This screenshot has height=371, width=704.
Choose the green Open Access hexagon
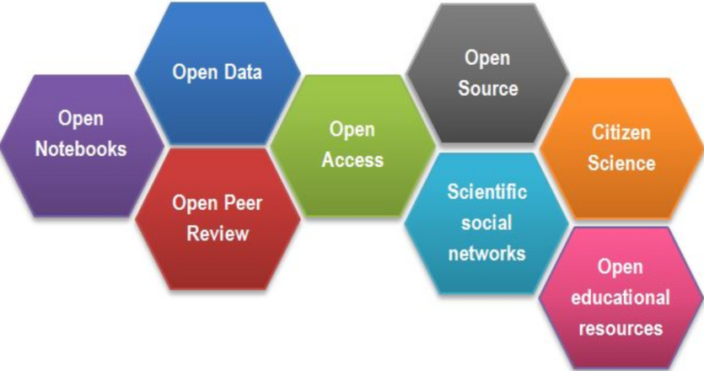tap(352, 145)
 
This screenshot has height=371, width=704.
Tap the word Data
tap(243, 72)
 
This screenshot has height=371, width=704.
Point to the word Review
tap(218, 233)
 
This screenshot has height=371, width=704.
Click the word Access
tap(352, 159)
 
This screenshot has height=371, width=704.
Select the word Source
tap(488, 88)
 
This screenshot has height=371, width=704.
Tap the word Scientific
tap(487, 191)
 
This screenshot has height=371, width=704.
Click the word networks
tap(487, 252)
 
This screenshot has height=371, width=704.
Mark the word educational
tap(621, 297)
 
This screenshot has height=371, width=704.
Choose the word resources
tap(621, 326)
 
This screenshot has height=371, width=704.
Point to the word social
tap(487, 222)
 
